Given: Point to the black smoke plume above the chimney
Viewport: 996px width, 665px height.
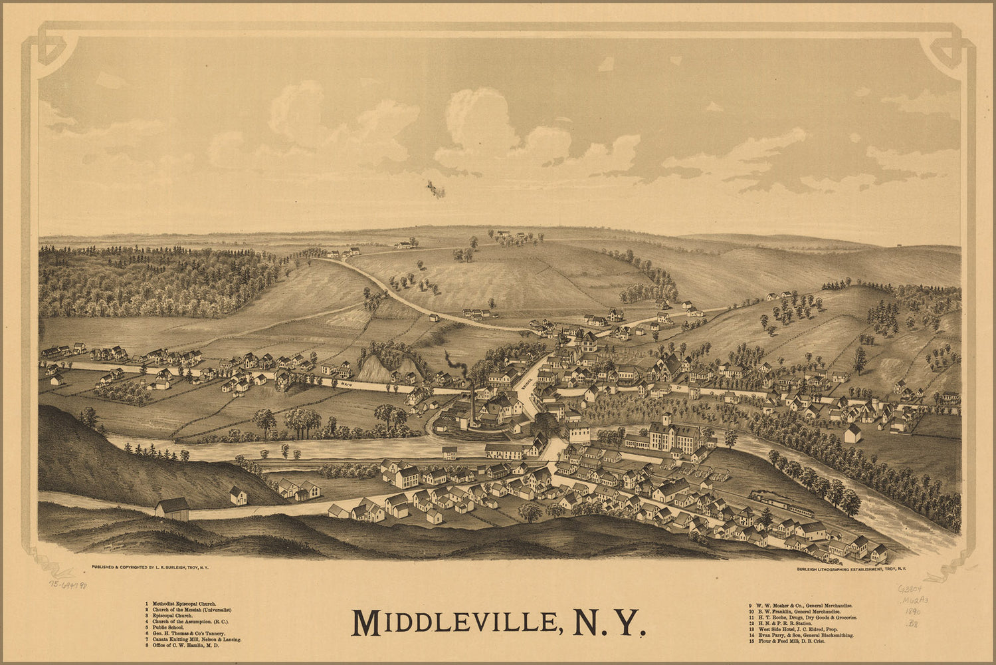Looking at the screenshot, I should pos(455,364).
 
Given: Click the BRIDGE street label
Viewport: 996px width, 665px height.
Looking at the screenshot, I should pos(528,384).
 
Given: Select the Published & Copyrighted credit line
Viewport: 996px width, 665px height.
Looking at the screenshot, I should pos(149,568).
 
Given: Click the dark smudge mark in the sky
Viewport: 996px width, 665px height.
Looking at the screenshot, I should pos(436,189).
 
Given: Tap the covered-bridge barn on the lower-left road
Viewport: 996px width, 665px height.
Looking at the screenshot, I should pos(173,509).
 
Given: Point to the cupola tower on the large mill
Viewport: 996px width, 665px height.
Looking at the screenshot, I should pos(666,420).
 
